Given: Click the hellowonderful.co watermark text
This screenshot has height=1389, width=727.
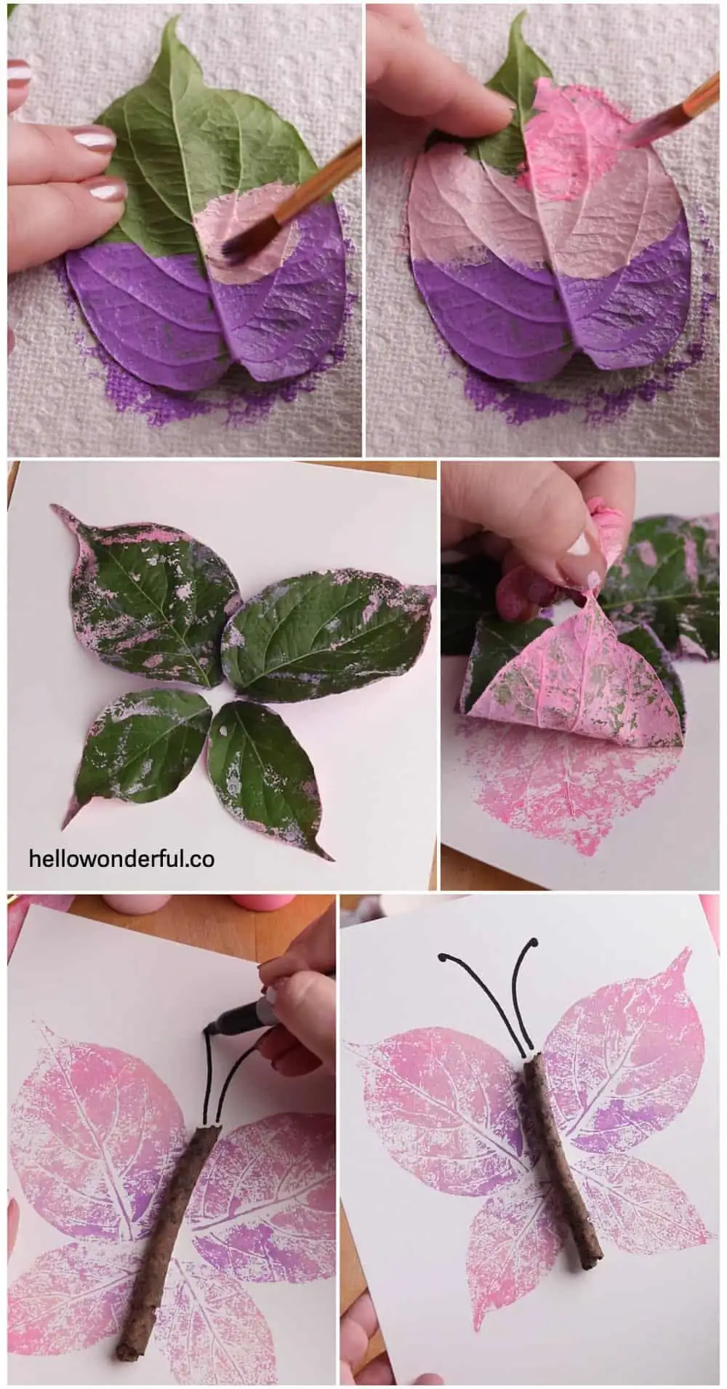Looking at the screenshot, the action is point(121,858).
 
